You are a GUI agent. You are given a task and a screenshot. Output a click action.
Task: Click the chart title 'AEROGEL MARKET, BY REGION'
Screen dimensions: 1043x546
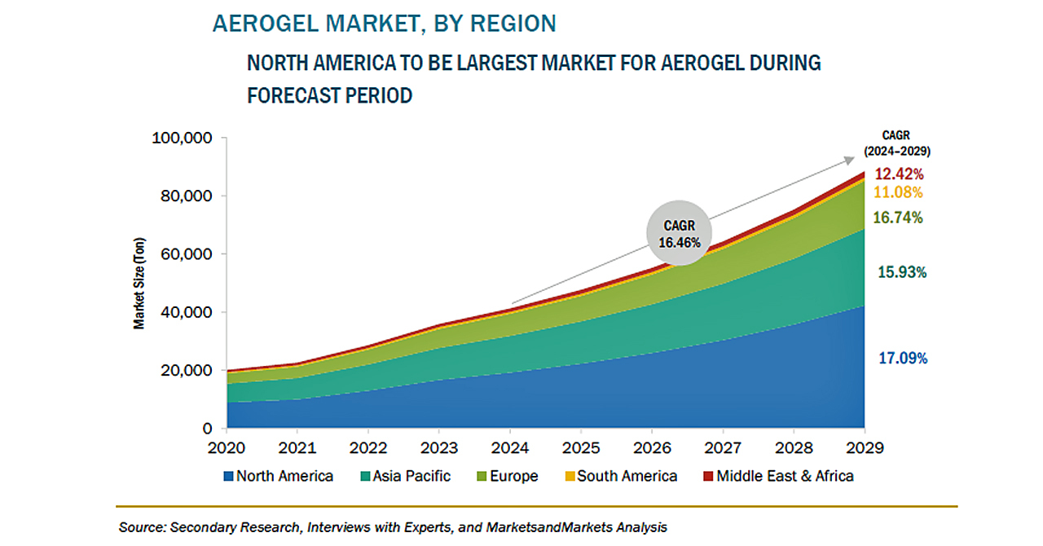pyautogui.click(x=384, y=24)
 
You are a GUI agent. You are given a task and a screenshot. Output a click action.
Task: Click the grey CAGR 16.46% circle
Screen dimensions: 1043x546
pyautogui.click(x=680, y=233)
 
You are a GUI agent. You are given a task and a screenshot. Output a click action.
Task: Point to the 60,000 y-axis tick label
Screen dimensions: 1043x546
pyautogui.click(x=187, y=254)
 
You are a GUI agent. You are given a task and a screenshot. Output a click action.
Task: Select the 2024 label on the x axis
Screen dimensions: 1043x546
pyautogui.click(x=510, y=447)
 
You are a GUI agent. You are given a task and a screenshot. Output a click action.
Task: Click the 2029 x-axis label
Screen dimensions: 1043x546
pyautogui.click(x=865, y=447)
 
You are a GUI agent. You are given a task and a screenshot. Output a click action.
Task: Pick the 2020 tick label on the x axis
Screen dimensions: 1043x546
pyautogui.click(x=227, y=447)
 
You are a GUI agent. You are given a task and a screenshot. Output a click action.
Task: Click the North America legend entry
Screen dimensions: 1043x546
pyautogui.click(x=279, y=476)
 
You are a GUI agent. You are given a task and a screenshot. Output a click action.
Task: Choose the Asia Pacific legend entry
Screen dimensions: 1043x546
pyautogui.click(x=406, y=476)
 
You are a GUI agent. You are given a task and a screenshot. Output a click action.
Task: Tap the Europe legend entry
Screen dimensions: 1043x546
pyautogui.click(x=508, y=476)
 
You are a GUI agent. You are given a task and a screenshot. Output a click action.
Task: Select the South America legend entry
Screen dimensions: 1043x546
pyautogui.click(x=621, y=476)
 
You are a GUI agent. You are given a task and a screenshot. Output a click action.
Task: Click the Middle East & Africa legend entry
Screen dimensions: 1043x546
pyautogui.click(x=778, y=476)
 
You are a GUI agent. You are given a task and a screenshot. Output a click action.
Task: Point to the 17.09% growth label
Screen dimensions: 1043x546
pyautogui.click(x=903, y=359)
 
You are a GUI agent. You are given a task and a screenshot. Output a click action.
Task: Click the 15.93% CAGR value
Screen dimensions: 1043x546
pyautogui.click(x=902, y=272)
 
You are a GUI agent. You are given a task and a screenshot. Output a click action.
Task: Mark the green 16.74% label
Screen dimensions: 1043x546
pyautogui.click(x=898, y=218)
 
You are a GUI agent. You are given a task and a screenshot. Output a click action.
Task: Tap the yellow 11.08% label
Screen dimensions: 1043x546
pyautogui.click(x=898, y=192)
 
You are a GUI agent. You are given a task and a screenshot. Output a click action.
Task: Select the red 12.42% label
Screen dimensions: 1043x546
pyautogui.click(x=899, y=174)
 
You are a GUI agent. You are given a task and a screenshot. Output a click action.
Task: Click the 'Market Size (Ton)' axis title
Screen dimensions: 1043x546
pyautogui.click(x=139, y=284)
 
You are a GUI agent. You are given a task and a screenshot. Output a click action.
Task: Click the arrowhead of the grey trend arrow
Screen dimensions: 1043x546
pyautogui.click(x=850, y=161)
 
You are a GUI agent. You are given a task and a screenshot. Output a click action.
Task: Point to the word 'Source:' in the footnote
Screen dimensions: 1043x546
pyautogui.click(x=143, y=527)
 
